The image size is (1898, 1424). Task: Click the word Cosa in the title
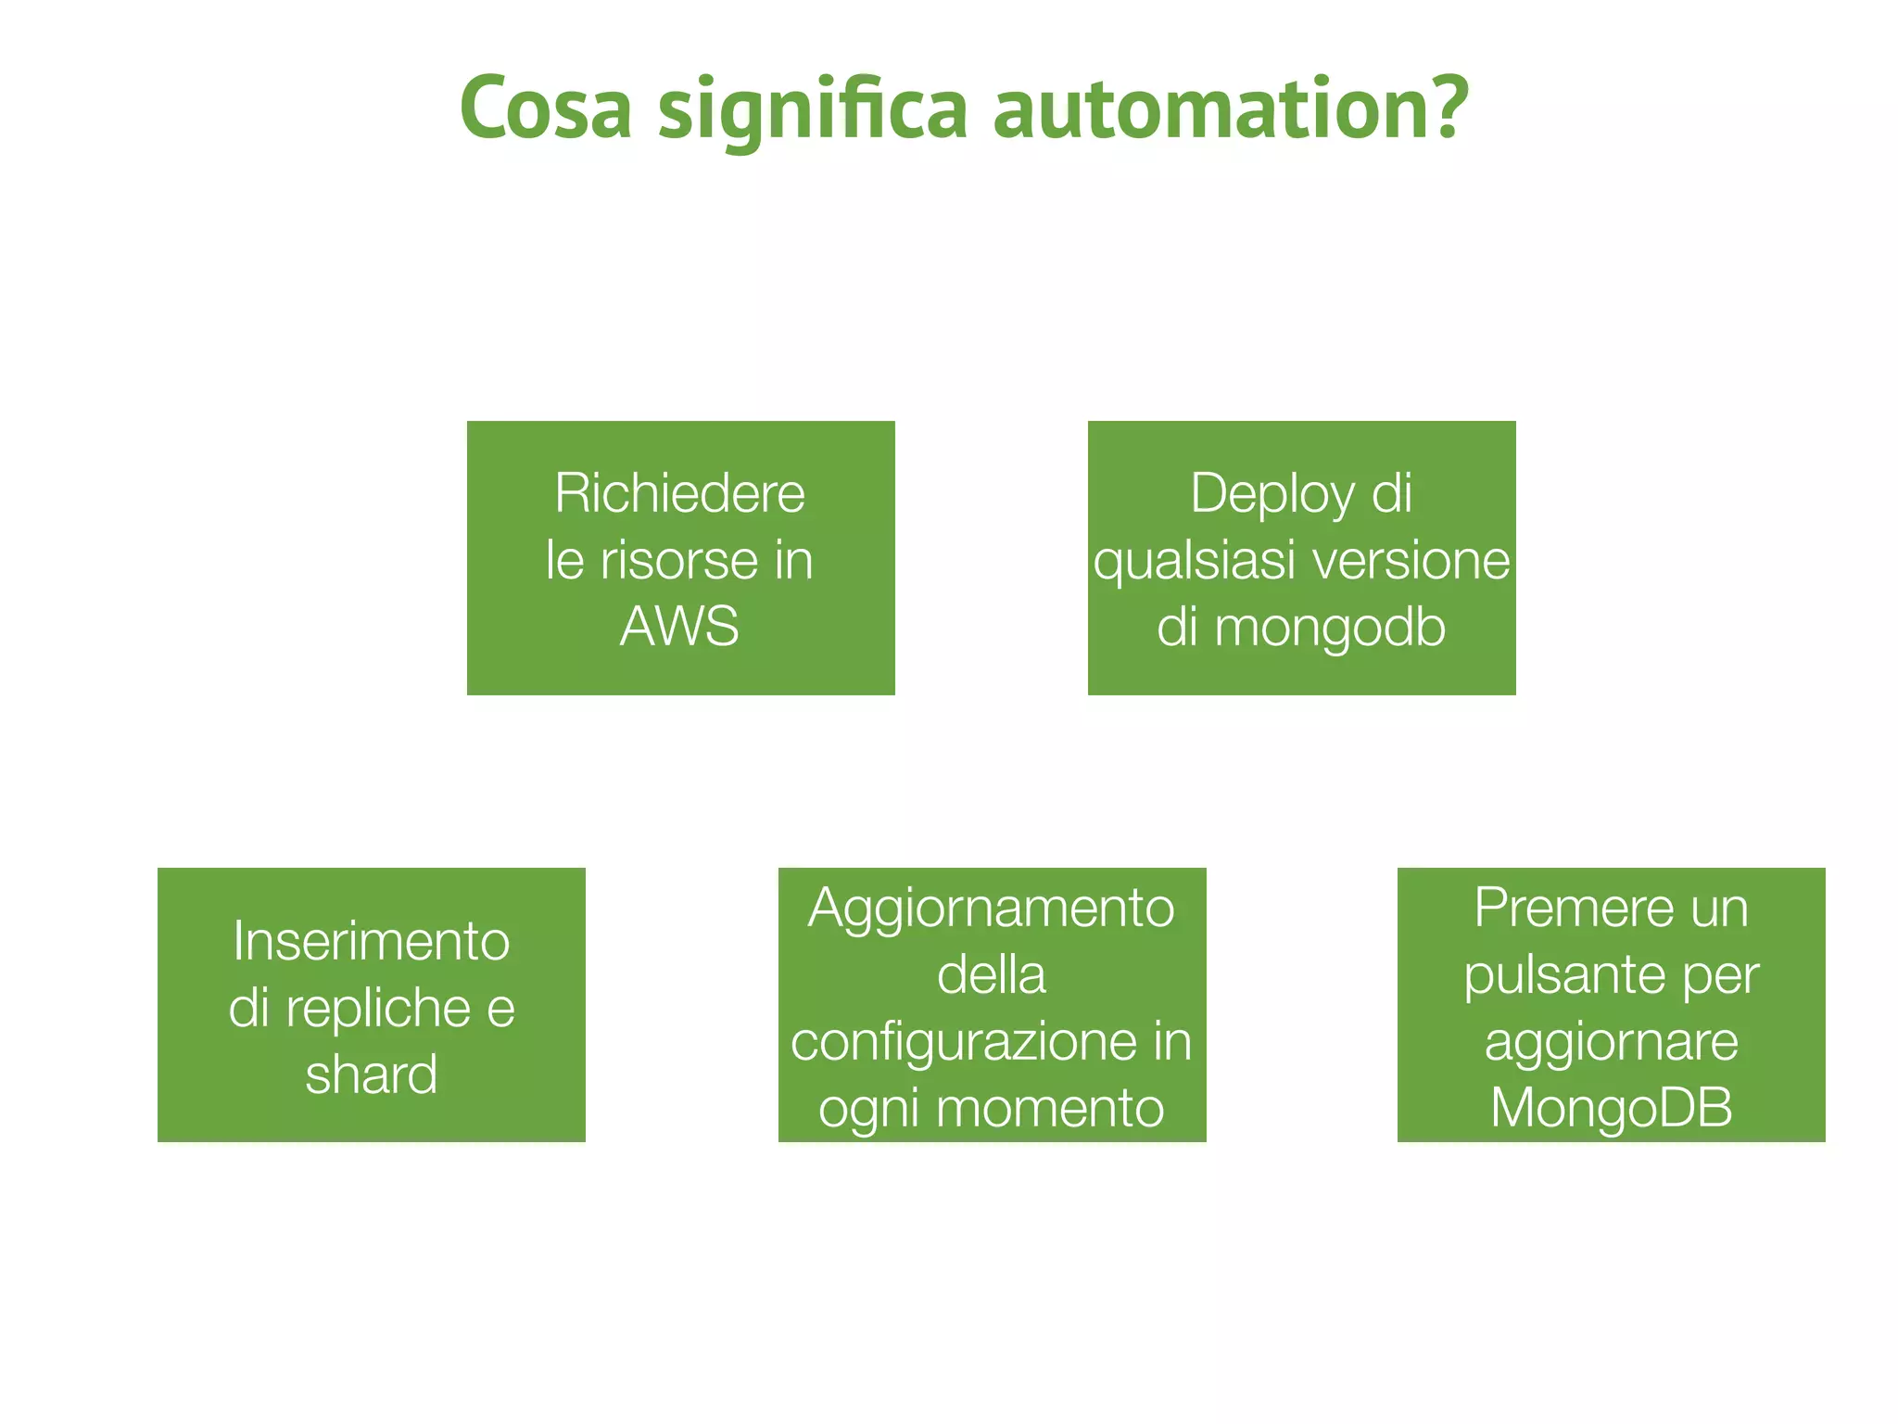pos(546,108)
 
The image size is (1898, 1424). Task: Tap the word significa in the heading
pos(813,110)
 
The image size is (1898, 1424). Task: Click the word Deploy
pos(1272,494)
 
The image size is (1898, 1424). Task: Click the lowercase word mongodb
pos(1330,628)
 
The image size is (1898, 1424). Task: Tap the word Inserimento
pos(371,941)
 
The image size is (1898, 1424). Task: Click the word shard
pos(371,1074)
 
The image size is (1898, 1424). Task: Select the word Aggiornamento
pos(991,909)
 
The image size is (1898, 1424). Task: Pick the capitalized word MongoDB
pos(1611,1107)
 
